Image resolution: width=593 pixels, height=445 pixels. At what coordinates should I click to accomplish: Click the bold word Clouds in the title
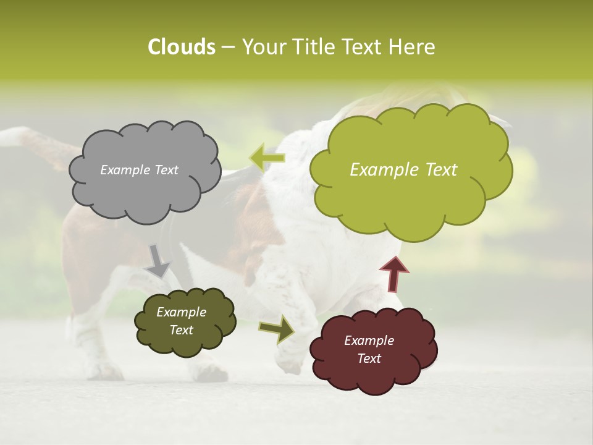tap(181, 47)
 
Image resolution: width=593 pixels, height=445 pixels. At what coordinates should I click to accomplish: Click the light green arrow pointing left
tap(267, 158)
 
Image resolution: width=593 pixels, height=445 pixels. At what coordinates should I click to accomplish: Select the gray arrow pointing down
tap(158, 261)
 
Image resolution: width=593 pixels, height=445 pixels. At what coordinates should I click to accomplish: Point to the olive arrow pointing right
tap(277, 329)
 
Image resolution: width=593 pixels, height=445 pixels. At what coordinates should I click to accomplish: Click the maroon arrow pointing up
tap(394, 274)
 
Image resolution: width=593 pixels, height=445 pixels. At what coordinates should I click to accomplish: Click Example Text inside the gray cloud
tap(139, 170)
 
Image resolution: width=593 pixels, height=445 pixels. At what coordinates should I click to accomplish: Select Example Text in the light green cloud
tap(403, 170)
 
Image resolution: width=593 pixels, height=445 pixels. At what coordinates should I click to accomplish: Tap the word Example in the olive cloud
tap(181, 312)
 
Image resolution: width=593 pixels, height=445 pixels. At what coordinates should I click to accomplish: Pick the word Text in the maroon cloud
tap(369, 358)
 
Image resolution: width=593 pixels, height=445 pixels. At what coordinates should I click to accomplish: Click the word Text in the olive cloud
tap(181, 330)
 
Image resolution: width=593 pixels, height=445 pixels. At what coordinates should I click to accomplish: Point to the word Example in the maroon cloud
tap(369, 341)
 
